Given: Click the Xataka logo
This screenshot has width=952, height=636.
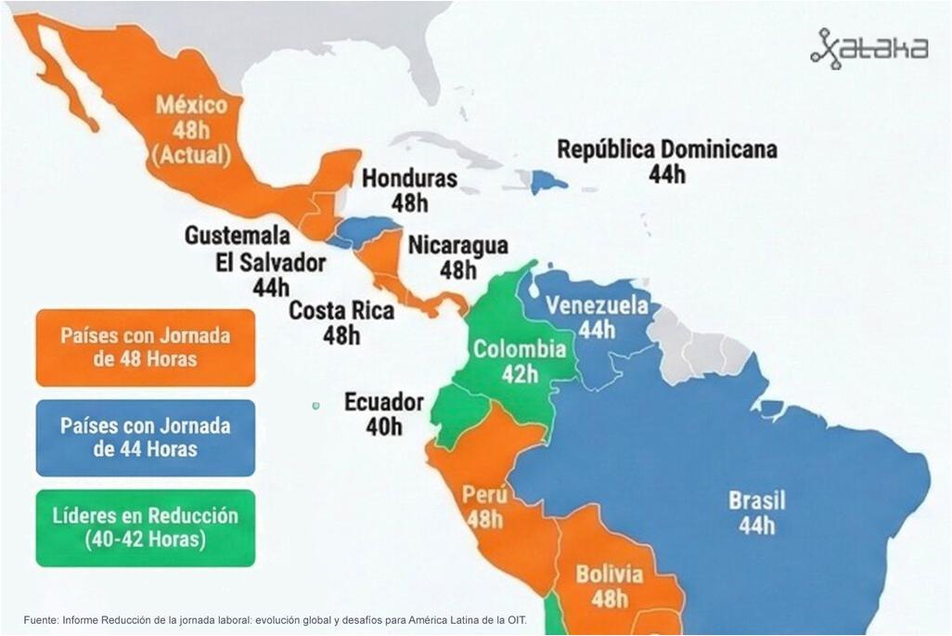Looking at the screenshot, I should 868,48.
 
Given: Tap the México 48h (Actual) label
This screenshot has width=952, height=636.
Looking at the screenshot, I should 191,129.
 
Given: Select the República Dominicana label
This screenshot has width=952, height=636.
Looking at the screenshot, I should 666,149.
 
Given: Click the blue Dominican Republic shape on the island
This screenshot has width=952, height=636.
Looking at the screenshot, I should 548,181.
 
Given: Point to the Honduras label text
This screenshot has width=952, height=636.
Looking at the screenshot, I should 409,178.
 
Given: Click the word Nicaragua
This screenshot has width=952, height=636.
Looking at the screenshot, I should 457,245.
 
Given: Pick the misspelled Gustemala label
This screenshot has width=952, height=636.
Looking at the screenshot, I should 237,236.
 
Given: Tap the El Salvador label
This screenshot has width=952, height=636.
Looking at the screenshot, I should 270,263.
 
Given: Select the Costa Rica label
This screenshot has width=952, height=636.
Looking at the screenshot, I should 341,311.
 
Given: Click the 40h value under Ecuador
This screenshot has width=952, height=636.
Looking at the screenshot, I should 383,427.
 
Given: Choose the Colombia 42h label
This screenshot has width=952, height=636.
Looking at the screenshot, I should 519,361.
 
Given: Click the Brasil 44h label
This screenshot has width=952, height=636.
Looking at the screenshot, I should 756,513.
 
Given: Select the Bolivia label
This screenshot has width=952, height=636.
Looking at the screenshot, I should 609,574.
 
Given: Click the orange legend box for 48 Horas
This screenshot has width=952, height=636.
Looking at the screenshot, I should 145,347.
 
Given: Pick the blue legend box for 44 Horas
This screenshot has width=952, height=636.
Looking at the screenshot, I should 145,437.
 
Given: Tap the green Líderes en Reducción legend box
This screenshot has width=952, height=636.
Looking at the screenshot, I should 145,527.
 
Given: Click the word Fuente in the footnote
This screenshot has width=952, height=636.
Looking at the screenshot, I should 40,619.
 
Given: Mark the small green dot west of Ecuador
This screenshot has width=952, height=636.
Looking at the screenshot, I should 315,405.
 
